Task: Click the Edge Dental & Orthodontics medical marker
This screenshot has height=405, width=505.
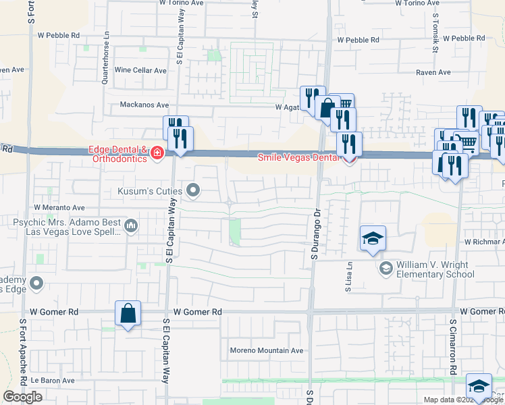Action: coord(157,153)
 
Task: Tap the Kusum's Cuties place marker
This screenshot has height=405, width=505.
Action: coord(194,190)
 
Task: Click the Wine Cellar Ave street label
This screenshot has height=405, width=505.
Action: coord(140,70)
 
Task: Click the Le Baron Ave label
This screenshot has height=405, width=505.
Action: coord(52,381)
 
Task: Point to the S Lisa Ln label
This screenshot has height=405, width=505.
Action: coord(349,277)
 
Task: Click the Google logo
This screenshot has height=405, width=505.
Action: coord(23,397)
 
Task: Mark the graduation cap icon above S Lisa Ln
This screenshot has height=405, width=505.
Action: coord(372,239)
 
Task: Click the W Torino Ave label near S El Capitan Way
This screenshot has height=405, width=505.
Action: coord(182,3)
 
